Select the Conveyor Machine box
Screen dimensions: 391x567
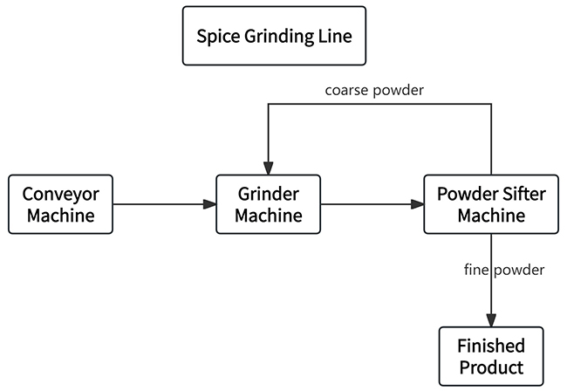pos(60,204)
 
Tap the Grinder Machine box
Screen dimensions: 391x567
pos(268,204)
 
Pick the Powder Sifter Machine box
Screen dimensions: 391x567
pos(490,204)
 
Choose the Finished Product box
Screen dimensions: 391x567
pos(490,356)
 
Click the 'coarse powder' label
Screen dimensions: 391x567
pos(374,90)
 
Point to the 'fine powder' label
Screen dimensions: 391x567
pos(504,270)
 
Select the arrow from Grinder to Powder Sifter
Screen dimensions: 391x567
pos(372,204)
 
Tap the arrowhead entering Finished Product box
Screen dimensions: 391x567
pos(491,319)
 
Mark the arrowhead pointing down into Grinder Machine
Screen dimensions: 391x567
pos(268,168)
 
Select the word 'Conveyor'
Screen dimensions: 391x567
pos(60,194)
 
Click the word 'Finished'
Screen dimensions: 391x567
pos(490,346)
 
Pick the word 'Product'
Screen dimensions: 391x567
pos(490,367)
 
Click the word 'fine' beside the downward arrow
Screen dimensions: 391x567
pos(478,270)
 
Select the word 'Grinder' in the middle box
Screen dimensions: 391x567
pos(268,194)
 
